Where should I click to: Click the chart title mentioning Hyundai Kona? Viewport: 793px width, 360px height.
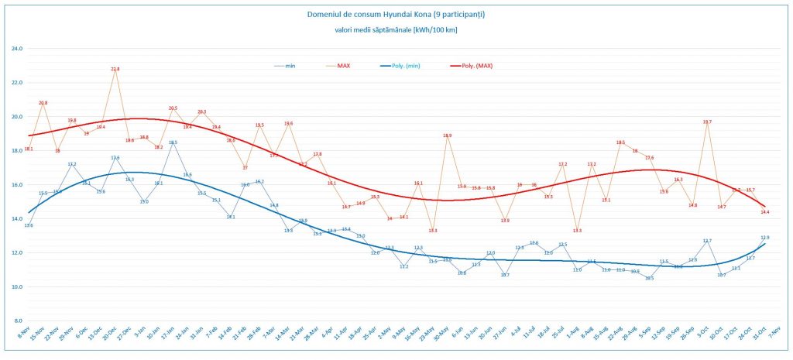(396, 14)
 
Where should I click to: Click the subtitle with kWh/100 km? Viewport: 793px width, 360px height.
(396, 30)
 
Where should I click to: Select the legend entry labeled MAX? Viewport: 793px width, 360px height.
(344, 66)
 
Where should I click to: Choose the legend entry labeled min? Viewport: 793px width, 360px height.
(290, 66)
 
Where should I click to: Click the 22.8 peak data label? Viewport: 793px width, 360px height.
(115, 69)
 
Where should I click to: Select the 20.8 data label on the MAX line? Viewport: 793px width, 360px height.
(43, 103)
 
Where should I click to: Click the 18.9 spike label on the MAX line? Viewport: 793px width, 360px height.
(448, 135)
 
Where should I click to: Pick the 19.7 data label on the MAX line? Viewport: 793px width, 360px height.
(706, 122)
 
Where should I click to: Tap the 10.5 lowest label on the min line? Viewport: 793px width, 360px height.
(649, 278)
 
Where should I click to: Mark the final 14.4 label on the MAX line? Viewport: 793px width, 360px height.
(764, 211)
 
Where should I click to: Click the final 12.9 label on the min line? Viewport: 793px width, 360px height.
(764, 237)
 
